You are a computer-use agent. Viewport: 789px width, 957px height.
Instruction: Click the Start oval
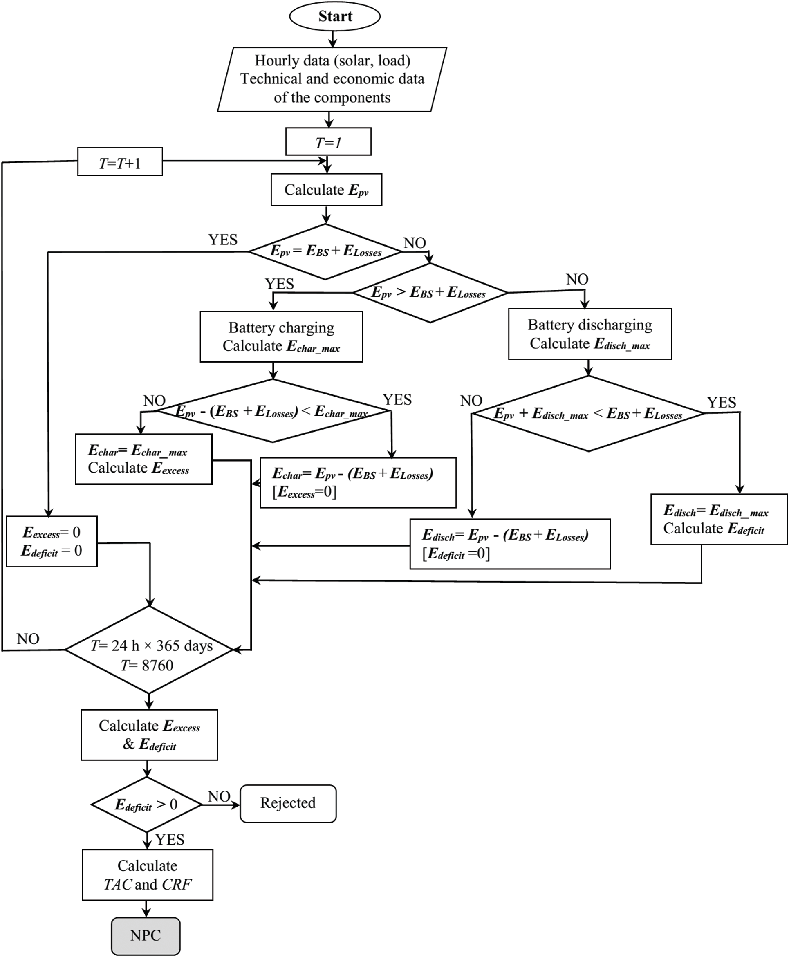click(334, 16)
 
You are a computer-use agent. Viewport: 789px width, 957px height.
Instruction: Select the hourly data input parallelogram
click(332, 79)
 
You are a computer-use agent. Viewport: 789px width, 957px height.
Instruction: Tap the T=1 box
click(328, 142)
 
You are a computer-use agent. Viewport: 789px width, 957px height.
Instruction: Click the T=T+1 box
click(120, 162)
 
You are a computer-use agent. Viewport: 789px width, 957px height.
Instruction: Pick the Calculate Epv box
click(326, 190)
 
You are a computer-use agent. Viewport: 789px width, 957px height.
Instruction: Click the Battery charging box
click(281, 337)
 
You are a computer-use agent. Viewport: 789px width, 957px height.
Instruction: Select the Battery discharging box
click(590, 334)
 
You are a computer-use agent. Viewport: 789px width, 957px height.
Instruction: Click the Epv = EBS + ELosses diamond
click(325, 251)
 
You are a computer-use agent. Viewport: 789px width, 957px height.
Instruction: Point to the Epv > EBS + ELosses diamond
click(430, 293)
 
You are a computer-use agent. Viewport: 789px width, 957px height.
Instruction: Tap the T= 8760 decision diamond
click(149, 650)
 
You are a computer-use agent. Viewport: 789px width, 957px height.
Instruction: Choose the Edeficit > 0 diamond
click(146, 805)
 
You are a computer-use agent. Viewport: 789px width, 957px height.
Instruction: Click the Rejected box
click(288, 803)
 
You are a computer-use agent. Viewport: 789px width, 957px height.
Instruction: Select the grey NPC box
click(146, 936)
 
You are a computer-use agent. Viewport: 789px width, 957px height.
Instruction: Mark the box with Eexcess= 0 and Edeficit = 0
click(52, 541)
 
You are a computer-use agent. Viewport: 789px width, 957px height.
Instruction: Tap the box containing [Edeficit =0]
click(510, 544)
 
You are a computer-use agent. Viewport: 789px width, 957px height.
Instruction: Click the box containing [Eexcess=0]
click(358, 483)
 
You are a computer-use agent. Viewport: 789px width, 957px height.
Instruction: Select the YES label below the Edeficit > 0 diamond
click(170, 839)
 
